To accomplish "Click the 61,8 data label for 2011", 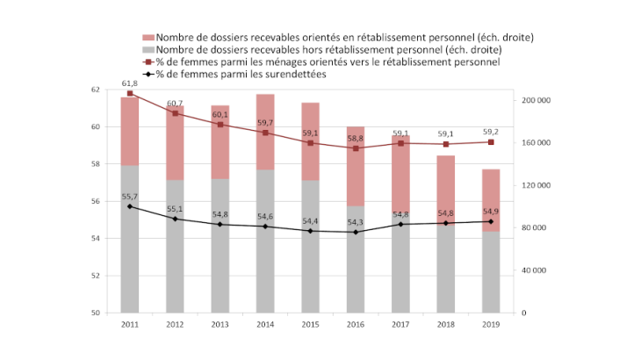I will [x=130, y=82].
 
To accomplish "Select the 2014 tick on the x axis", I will [x=266, y=324].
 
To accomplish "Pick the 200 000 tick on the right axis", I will [x=536, y=100].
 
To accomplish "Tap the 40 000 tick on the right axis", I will [x=536, y=270].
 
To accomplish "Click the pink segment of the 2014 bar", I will [x=266, y=132].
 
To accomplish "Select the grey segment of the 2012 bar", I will [x=176, y=246].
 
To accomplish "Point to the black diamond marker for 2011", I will [x=130, y=206].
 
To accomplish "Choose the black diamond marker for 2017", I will [x=402, y=224].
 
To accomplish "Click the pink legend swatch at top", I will [x=148, y=38].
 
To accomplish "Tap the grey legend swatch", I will [x=148, y=50].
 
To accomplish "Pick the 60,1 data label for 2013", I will [x=220, y=114].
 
